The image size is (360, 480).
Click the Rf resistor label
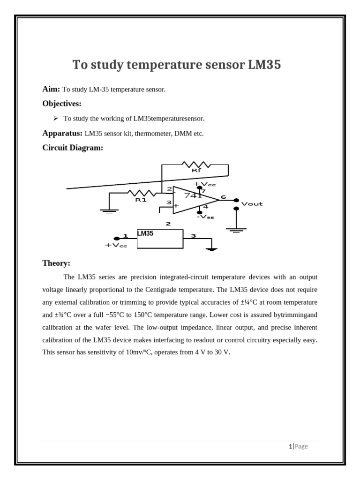196,171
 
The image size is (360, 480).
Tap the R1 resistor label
141,200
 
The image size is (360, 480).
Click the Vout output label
252,204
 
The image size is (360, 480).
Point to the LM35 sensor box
160,239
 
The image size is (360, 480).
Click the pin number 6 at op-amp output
224,197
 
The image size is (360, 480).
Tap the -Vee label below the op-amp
205,217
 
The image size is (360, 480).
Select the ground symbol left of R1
109,211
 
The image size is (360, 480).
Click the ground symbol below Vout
236,230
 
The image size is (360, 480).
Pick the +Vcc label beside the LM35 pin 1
116,245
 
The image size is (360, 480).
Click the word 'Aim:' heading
51,89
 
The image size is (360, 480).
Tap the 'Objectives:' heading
62,104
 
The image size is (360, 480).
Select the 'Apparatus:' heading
62,133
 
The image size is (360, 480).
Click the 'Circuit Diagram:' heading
73,148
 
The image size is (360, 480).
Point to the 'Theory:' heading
56,263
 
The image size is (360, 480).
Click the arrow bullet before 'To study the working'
55,118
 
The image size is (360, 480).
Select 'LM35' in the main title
264,65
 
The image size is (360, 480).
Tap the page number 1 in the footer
290,446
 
